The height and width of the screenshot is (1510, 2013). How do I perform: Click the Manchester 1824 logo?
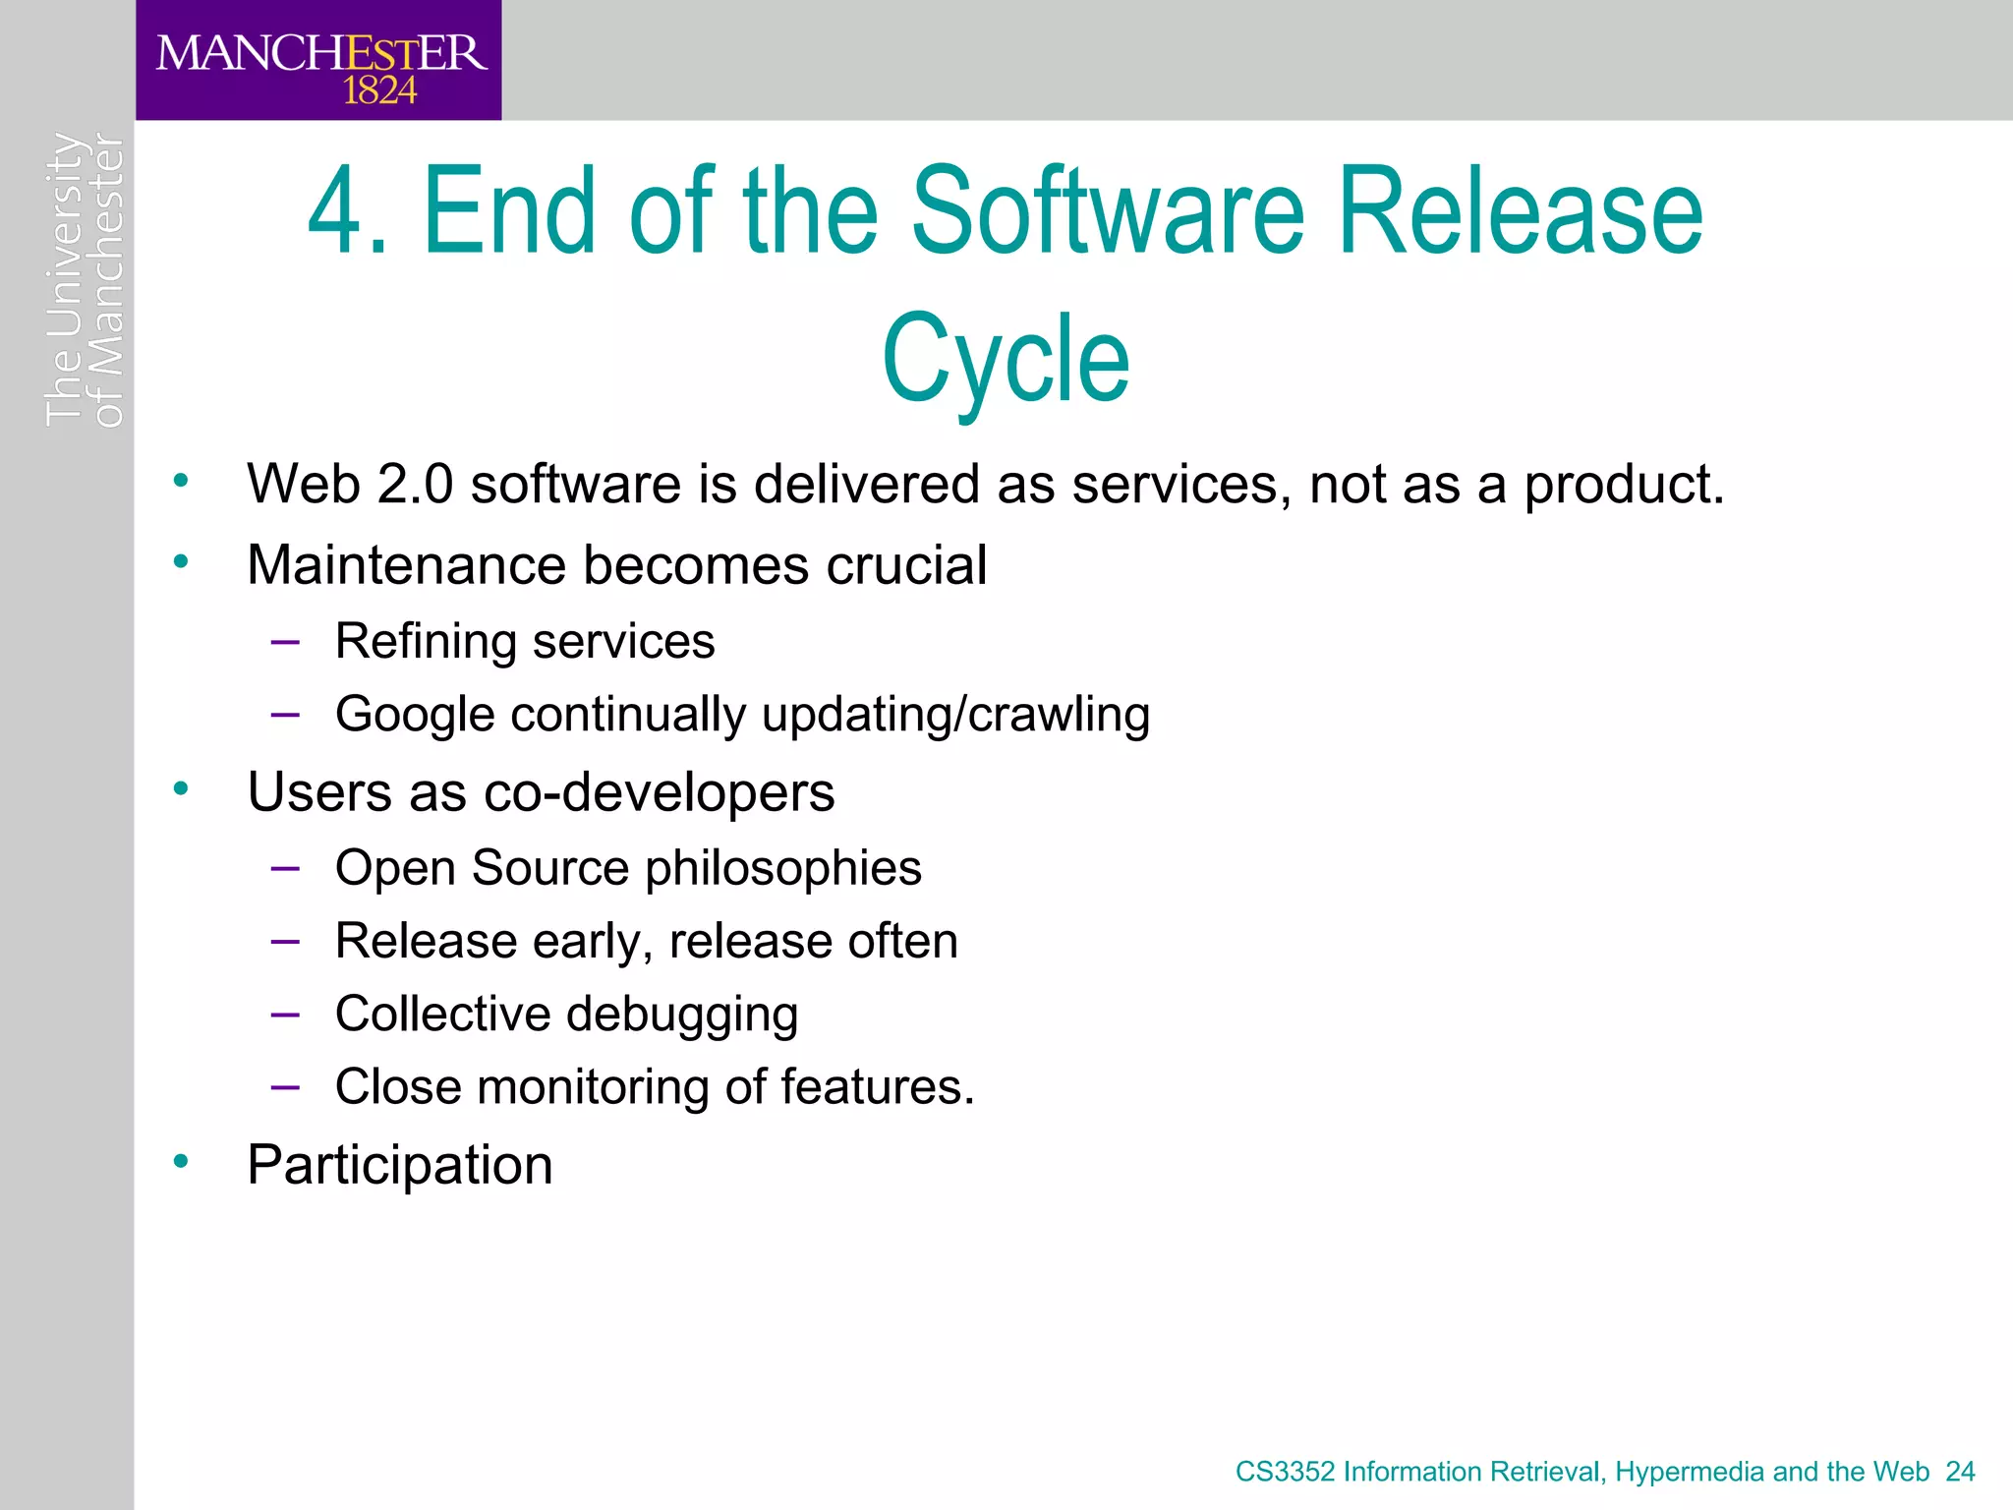[x=319, y=61]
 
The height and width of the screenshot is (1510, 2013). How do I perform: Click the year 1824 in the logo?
[x=379, y=91]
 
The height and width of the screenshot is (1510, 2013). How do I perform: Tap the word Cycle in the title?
[x=1006, y=359]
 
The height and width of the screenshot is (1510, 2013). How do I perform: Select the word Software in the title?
[x=1109, y=211]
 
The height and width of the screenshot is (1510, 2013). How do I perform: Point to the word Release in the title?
[x=1520, y=211]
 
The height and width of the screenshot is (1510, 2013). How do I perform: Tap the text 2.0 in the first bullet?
[x=414, y=485]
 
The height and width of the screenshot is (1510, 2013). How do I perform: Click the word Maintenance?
[x=406, y=565]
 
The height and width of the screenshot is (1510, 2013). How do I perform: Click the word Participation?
[x=400, y=1166]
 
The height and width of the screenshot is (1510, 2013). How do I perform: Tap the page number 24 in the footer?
[x=1960, y=1472]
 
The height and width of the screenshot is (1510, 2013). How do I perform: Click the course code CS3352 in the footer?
[x=1285, y=1472]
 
